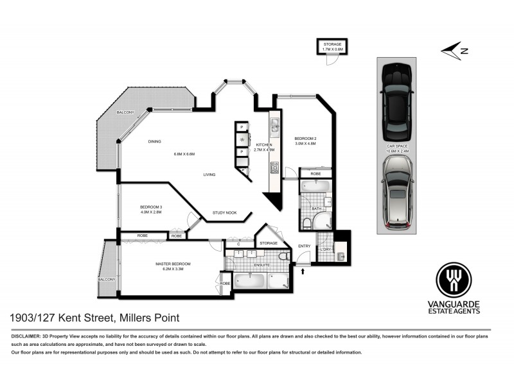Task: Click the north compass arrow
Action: (x=452, y=49)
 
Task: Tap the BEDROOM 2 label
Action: (x=306, y=139)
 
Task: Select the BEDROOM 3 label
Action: (x=151, y=207)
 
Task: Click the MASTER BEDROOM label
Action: (x=173, y=264)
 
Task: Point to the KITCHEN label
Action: (x=264, y=145)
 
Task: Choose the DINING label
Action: (x=154, y=141)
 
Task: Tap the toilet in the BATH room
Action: (x=307, y=223)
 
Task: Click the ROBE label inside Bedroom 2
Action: (x=315, y=173)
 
